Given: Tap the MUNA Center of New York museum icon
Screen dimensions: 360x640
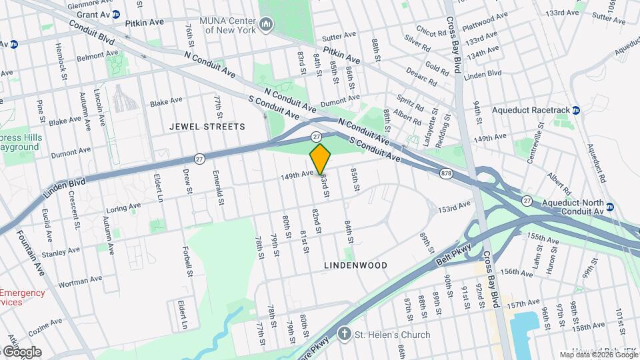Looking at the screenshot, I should click(x=266, y=25).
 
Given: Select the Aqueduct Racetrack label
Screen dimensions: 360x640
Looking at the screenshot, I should click(x=531, y=110).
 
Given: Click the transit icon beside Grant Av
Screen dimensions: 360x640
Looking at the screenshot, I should click(x=116, y=14).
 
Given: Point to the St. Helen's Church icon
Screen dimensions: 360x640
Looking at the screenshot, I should click(x=344, y=333).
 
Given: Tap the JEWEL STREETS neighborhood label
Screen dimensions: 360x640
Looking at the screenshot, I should click(x=207, y=126).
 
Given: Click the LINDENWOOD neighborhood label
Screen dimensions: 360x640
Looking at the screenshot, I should click(x=355, y=265).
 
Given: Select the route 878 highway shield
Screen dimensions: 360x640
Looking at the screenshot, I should click(x=445, y=173).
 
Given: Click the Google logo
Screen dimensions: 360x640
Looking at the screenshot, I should click(x=21, y=351).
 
